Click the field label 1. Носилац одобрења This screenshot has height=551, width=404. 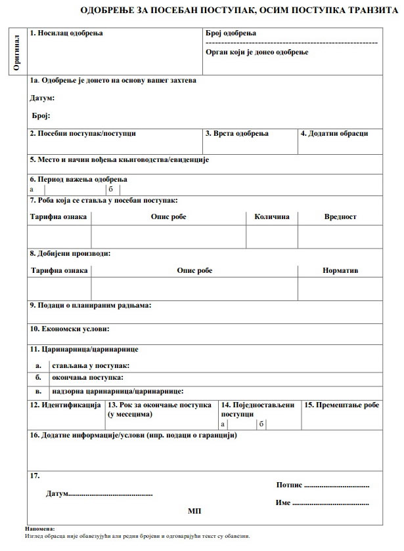click(66, 33)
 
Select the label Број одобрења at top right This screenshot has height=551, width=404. click(231, 33)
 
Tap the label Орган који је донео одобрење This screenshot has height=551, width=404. click(257, 52)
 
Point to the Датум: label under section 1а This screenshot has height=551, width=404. click(42, 98)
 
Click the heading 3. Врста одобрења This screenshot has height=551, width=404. click(236, 134)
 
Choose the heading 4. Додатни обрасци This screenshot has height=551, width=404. click(334, 134)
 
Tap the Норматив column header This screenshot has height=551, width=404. click(340, 271)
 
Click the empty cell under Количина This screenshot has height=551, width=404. click(271, 236)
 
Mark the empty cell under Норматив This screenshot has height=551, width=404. click(340, 289)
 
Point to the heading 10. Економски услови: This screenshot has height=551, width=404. click(69, 329)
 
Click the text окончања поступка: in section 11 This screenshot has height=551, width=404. click(83, 378)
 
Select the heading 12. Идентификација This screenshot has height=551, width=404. click(65, 405)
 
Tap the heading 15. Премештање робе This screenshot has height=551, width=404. click(342, 405)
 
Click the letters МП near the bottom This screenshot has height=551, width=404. click(194, 510)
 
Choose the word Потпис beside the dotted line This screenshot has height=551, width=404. click(289, 485)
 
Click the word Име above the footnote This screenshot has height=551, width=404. click(282, 503)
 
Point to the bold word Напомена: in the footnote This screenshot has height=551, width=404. click(41, 528)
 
